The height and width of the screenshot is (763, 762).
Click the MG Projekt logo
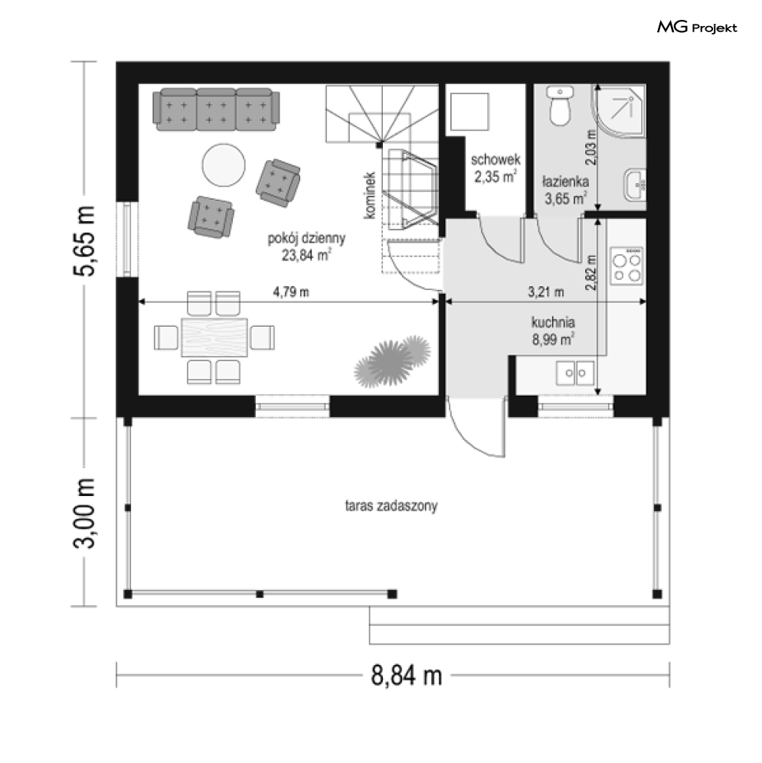point(697,28)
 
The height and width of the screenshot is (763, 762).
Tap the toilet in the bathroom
point(560,106)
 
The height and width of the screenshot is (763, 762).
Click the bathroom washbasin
point(636,184)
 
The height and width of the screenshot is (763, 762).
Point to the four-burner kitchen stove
point(627,266)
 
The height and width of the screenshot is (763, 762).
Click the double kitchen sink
point(575,373)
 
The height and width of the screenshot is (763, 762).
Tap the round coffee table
point(224,165)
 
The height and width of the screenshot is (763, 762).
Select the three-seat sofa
point(216,109)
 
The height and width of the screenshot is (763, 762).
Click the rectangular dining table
point(214,337)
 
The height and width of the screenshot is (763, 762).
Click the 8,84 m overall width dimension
point(407,676)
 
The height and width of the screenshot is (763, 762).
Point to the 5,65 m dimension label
point(83,241)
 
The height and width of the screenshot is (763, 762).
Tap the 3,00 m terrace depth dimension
point(83,513)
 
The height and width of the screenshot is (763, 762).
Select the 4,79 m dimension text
point(291,292)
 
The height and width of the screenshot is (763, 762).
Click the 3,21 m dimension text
point(546,292)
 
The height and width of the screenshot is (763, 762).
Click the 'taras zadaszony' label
point(391,506)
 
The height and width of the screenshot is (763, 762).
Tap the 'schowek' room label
point(495,159)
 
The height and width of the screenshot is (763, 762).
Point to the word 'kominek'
point(370,195)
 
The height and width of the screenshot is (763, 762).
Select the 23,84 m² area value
point(307,255)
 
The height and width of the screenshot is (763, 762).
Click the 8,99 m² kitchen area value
point(553,339)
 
